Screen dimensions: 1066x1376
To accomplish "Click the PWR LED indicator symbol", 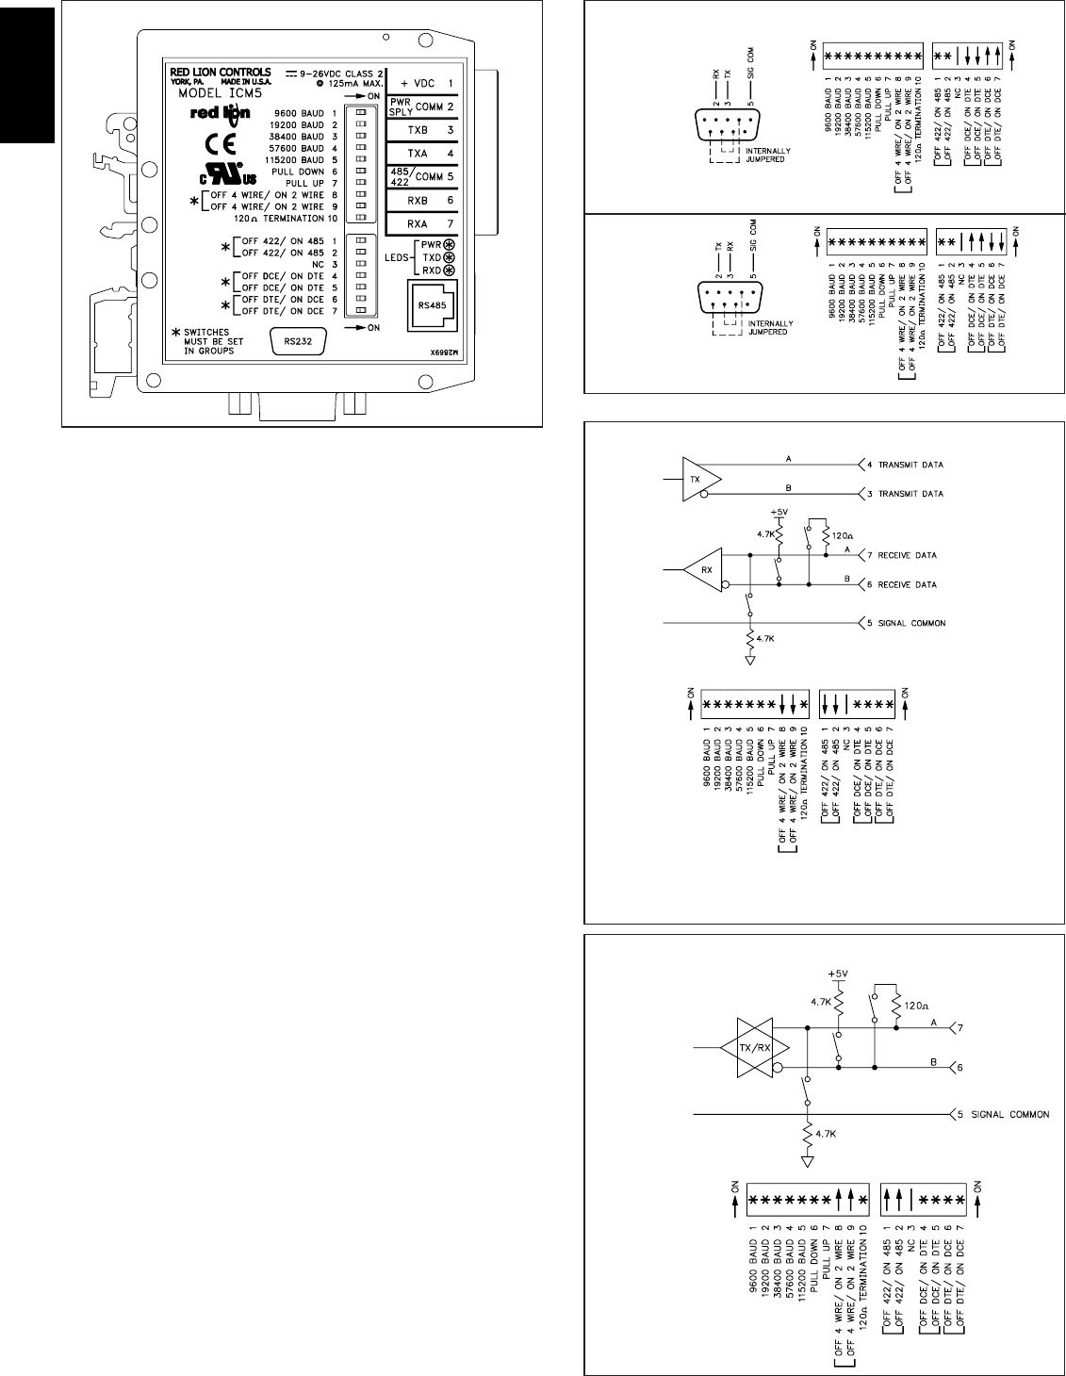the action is tap(449, 244).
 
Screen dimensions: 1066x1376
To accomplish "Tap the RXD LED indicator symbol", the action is tap(449, 270).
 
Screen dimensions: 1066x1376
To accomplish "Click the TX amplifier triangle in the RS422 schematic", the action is tap(696, 479).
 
